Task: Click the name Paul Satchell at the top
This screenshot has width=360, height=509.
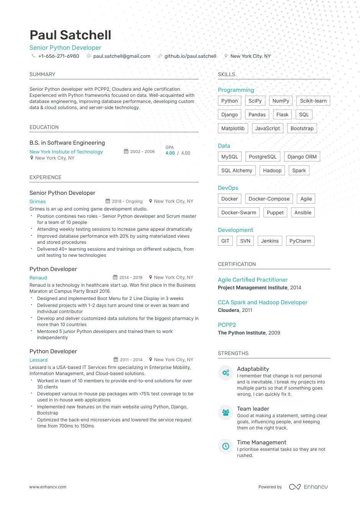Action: point(70,35)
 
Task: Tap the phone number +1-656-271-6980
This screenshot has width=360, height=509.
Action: point(59,56)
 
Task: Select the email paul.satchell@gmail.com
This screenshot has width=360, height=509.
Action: point(122,56)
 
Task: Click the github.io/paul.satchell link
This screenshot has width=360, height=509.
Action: point(190,56)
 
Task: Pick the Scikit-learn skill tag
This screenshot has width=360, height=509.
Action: point(313,101)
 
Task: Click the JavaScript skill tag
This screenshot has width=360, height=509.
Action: point(267,129)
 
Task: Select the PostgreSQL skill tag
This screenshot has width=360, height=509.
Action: point(262,157)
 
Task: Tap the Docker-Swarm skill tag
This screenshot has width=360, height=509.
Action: point(239,213)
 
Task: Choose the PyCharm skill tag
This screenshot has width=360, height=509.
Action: point(300,241)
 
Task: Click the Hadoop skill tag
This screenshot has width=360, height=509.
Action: point(272,171)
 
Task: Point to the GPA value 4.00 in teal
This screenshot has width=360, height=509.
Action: point(170,153)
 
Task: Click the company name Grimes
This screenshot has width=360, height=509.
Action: point(38,202)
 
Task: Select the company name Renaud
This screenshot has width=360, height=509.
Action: point(38,278)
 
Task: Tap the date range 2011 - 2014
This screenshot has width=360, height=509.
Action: point(131,360)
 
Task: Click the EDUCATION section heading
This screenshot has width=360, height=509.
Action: point(44,127)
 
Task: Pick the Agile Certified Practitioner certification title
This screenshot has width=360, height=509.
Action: point(253,280)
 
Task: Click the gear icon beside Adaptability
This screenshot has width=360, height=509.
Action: point(226,372)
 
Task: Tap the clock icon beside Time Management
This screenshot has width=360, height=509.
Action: point(226,446)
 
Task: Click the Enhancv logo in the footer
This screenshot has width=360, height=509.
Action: point(308,487)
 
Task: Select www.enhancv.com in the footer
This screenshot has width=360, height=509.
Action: point(48,487)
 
